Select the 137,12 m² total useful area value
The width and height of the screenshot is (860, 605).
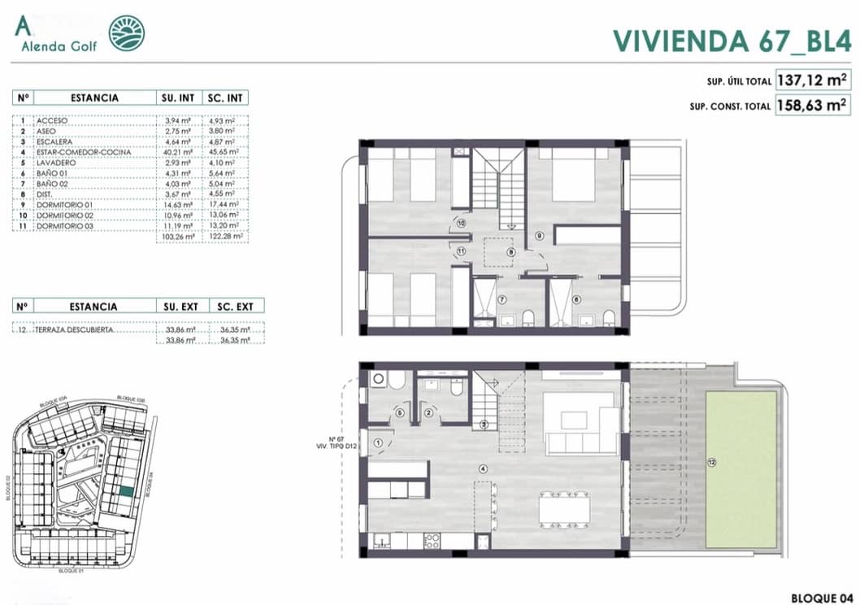click(x=813, y=81)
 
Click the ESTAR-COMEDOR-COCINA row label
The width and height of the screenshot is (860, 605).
click(x=77, y=151)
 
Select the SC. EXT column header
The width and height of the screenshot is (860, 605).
click(x=235, y=307)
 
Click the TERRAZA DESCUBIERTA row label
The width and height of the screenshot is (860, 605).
click(x=74, y=331)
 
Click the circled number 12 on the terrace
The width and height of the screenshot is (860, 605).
click(x=712, y=464)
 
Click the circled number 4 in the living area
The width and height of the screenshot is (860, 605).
click(x=483, y=468)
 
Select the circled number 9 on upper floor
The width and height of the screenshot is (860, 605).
click(x=538, y=236)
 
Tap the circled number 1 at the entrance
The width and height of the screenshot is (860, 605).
click(x=378, y=442)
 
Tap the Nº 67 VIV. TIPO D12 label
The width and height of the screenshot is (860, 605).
click(x=331, y=443)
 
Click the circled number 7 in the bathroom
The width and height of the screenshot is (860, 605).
click(x=502, y=300)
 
